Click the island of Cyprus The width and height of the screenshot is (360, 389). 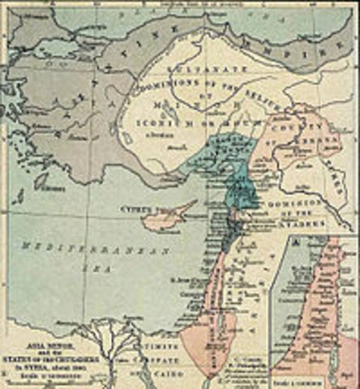pyautogui.click(x=167, y=215)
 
